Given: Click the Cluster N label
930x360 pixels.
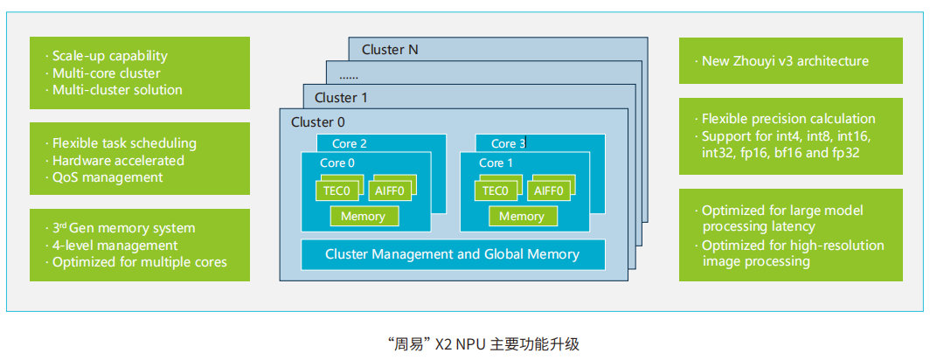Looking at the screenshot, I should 390,50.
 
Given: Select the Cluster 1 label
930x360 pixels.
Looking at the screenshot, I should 335,98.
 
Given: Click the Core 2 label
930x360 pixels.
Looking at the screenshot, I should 350,143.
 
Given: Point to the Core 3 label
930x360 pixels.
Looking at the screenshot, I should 509,143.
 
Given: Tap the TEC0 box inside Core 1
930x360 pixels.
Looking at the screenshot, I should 495,191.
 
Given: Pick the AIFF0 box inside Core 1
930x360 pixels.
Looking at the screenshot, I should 548,191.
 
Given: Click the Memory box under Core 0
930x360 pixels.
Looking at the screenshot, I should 363,216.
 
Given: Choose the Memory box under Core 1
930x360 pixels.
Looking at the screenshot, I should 522,216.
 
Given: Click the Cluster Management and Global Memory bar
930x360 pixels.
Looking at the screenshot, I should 452,254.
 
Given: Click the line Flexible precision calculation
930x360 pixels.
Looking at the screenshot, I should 788,119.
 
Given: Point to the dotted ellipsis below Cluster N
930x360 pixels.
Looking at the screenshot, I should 349,77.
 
